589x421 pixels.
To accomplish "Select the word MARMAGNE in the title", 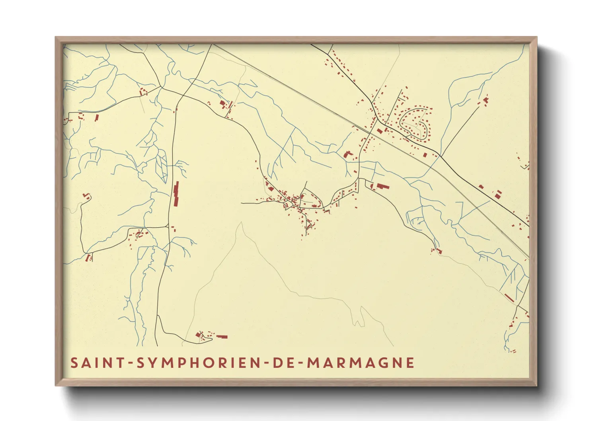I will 361,363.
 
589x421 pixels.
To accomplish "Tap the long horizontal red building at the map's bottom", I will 221,337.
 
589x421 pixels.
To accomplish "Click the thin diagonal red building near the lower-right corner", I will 509,297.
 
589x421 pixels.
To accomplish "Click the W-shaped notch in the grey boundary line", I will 359,322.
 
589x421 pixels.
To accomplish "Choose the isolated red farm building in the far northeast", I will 486,99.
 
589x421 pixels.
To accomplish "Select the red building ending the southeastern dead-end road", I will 438,251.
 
